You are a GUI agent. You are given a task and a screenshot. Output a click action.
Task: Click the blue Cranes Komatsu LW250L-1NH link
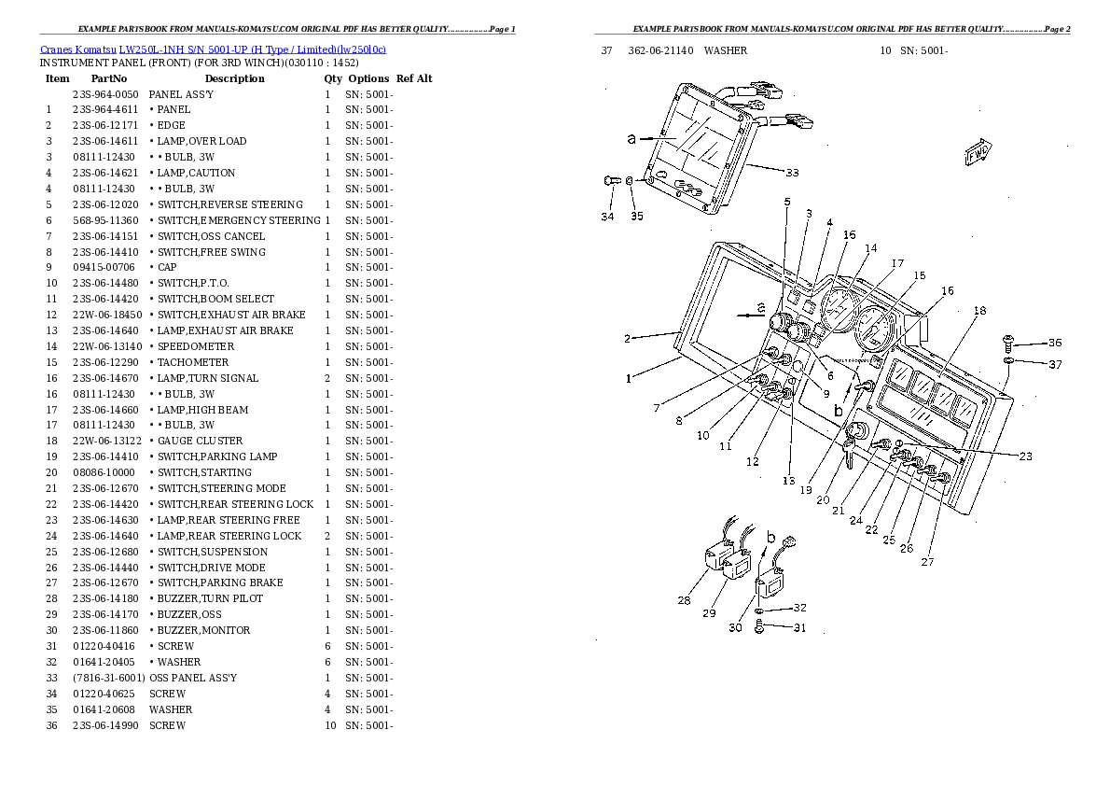(x=213, y=49)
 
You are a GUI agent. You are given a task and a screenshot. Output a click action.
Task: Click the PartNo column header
(x=109, y=78)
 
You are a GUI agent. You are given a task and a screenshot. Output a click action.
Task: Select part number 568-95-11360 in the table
(x=105, y=220)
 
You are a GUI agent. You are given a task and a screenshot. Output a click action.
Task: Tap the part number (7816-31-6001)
(x=107, y=678)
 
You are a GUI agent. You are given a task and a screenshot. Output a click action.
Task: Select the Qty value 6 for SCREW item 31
(x=327, y=646)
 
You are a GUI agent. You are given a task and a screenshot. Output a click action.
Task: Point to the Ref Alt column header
(x=414, y=78)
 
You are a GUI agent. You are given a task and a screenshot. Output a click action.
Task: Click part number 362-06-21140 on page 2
(x=660, y=50)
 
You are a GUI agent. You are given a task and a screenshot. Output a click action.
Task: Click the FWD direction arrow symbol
(x=977, y=152)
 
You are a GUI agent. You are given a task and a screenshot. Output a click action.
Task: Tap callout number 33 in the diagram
(x=792, y=173)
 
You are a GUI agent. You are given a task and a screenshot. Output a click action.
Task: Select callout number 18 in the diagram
(x=979, y=311)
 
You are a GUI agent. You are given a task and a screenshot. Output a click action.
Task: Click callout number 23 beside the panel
(x=1025, y=456)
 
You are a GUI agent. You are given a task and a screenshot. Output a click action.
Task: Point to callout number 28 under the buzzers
(x=684, y=600)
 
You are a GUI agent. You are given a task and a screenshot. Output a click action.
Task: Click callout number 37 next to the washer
(x=1055, y=364)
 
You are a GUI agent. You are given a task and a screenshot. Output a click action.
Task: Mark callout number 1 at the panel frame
(x=629, y=378)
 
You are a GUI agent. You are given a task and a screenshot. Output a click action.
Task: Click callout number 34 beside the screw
(x=607, y=217)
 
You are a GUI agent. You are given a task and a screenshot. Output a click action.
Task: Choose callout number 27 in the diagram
(x=927, y=562)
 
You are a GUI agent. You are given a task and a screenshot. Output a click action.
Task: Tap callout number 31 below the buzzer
(x=799, y=628)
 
